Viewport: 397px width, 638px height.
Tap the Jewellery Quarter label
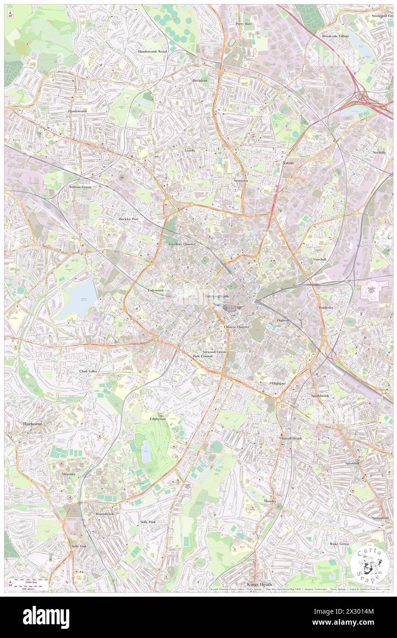point(182,244)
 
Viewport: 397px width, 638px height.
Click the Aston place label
point(287,163)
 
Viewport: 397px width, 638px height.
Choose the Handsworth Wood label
point(153,52)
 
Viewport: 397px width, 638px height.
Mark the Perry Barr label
point(244,23)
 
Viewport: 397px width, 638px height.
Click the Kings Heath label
point(259,584)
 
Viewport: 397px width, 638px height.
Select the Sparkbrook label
point(320,396)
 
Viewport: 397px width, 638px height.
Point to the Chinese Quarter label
point(237,327)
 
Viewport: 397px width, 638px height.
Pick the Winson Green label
point(80,187)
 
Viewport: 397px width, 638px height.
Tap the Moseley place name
point(270,501)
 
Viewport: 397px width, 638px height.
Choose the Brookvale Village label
point(335,36)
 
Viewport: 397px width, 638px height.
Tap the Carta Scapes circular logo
point(369,564)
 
